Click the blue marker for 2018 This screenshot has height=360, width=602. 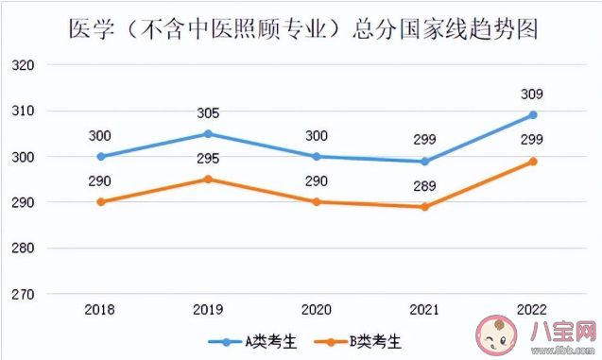pos(100,157)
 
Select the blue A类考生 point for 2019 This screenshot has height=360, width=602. pos(208,134)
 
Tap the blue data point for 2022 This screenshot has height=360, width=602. pos(533,115)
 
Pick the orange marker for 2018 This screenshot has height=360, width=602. pos(100,202)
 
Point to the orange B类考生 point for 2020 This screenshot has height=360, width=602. pos(317,202)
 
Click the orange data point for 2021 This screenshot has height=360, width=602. pos(424,207)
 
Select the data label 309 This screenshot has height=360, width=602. pos(533,94)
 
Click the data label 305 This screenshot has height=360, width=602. pos(208,112)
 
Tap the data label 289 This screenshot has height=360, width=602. pos(424,186)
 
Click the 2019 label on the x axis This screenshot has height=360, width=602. pos(208,310)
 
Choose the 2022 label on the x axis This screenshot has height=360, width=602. pos(533,310)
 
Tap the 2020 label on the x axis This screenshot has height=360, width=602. pos(317,310)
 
